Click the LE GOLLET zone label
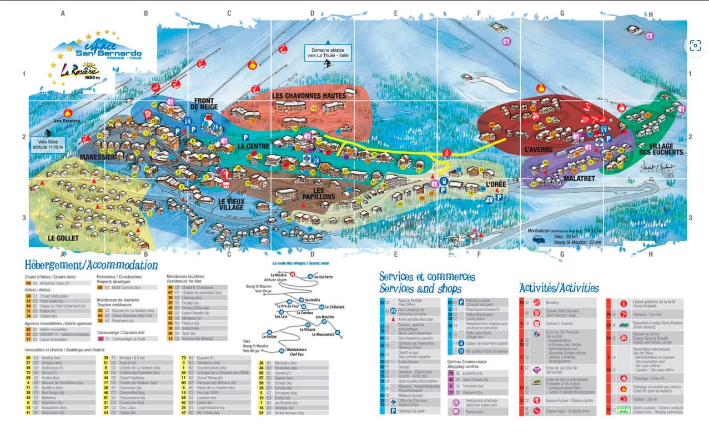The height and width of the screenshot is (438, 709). point(63,238)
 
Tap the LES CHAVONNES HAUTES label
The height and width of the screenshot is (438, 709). point(309,96)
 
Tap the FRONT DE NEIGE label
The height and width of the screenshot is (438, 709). point(204,104)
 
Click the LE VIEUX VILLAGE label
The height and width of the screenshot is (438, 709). point(231,204)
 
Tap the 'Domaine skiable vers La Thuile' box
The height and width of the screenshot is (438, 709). point(328,53)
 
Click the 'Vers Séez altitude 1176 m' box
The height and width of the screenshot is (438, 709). point(48,144)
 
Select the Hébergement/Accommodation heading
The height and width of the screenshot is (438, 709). point(91,266)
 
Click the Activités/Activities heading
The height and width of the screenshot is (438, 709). point(559,288)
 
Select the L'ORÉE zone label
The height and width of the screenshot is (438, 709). point(496,184)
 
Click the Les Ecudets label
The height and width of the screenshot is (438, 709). point(67,121)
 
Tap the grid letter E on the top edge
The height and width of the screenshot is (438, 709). point(395,13)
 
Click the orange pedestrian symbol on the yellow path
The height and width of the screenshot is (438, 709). point(446,152)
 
